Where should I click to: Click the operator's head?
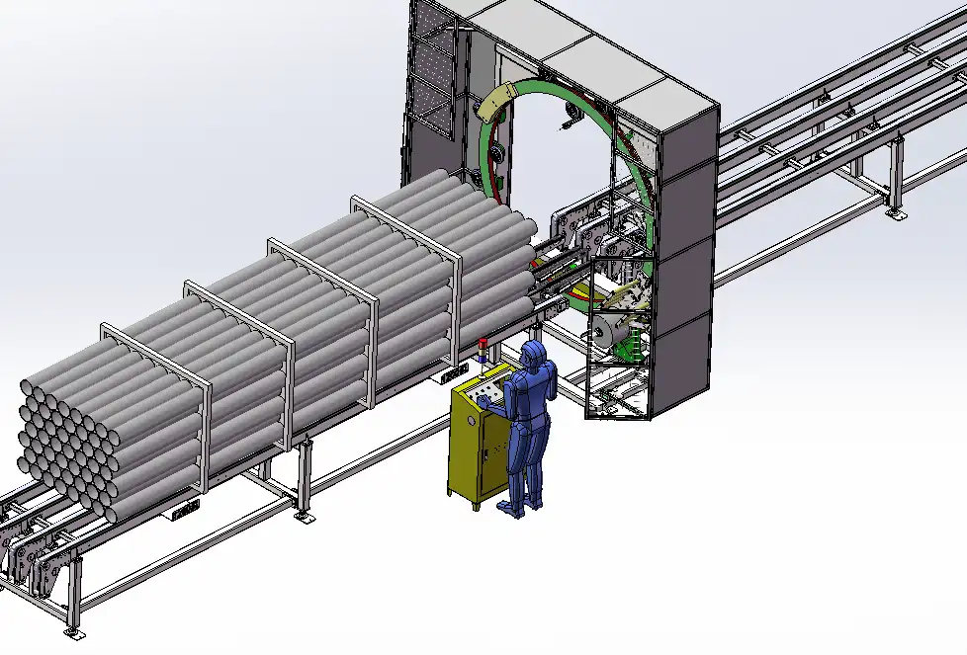click(535, 353)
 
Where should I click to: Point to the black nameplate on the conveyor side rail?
click(185, 511)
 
